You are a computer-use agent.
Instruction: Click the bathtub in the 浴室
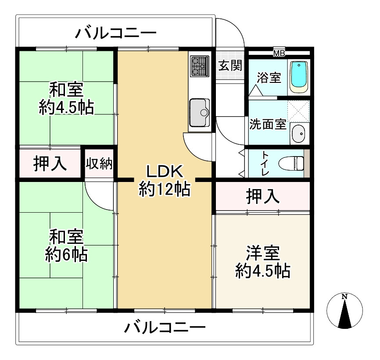[x=299, y=77]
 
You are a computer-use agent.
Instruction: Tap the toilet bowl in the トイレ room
[x=291, y=163]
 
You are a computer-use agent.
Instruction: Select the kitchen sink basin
[x=200, y=113]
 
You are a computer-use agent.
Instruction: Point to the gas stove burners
[x=200, y=66]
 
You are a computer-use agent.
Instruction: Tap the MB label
[x=279, y=53]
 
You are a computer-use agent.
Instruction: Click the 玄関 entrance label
[x=230, y=65]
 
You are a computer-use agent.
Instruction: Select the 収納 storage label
[x=99, y=164]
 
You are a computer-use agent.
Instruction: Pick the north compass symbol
[x=344, y=311]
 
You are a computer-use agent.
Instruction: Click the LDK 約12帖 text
[x=164, y=180]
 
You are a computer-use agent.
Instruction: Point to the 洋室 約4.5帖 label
[x=263, y=262]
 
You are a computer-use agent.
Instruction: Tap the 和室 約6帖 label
[x=66, y=245]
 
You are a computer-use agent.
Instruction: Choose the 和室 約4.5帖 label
[x=66, y=98]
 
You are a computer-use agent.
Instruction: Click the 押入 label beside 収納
[x=50, y=164]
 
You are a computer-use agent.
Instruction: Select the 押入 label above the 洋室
[x=263, y=196]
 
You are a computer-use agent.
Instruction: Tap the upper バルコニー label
[x=115, y=33]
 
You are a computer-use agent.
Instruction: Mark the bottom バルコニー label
[x=165, y=328]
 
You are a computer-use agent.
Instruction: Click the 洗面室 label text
[x=268, y=124]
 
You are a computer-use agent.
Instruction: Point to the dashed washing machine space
[x=298, y=111]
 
